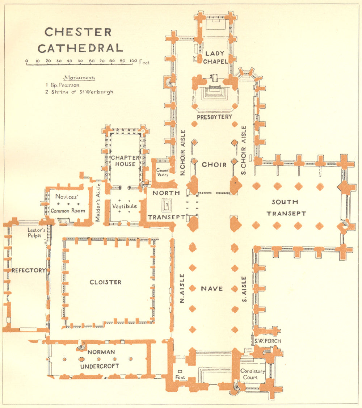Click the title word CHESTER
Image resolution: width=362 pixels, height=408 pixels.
point(78,32)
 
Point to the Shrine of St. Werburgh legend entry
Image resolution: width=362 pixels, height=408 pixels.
point(79,92)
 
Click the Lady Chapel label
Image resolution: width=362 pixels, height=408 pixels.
point(215,58)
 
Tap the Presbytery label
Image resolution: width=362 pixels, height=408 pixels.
point(214,117)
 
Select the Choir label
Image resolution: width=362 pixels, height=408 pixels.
point(214,165)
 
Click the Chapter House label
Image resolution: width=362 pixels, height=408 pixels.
point(125,161)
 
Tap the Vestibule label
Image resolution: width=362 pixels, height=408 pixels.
point(125,206)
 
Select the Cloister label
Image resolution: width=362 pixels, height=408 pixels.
point(106,282)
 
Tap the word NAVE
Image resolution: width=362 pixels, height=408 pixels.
point(212,289)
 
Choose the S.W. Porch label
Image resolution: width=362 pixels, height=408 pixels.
point(267,341)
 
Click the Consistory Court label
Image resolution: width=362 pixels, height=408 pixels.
point(253,374)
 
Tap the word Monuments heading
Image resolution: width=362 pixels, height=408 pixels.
point(79,77)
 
